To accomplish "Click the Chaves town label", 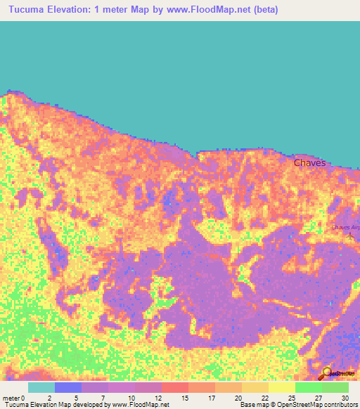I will pyautogui.click(x=309, y=162).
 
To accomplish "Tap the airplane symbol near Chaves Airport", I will pyautogui.click(x=352, y=235).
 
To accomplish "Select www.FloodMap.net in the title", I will pyautogui.click(x=205, y=10).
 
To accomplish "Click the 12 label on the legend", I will pyautogui.click(x=162, y=398).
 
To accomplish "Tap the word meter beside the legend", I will pyautogui.click(x=12, y=398).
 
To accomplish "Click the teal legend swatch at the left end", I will pyautogui.click(x=41, y=387).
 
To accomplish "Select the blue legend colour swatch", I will pyautogui.click(x=68, y=387).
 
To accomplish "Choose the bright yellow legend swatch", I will pyautogui.click(x=282, y=387).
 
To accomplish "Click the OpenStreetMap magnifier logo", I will pyautogui.click(x=327, y=372).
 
